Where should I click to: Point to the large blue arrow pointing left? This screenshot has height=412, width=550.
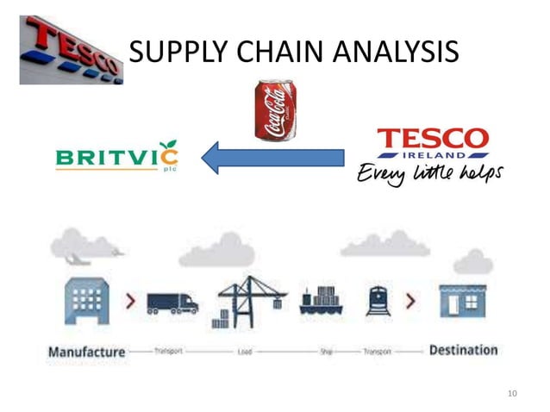(272, 158)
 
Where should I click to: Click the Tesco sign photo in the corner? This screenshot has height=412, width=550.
(72, 50)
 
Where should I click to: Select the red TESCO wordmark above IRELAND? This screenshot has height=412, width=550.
(434, 139)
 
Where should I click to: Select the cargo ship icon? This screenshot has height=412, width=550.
(322, 301)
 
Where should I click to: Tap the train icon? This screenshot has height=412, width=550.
(377, 301)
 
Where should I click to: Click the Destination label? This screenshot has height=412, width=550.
(463, 350)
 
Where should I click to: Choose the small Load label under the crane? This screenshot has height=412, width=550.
(245, 353)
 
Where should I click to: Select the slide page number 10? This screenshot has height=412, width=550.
(512, 394)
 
